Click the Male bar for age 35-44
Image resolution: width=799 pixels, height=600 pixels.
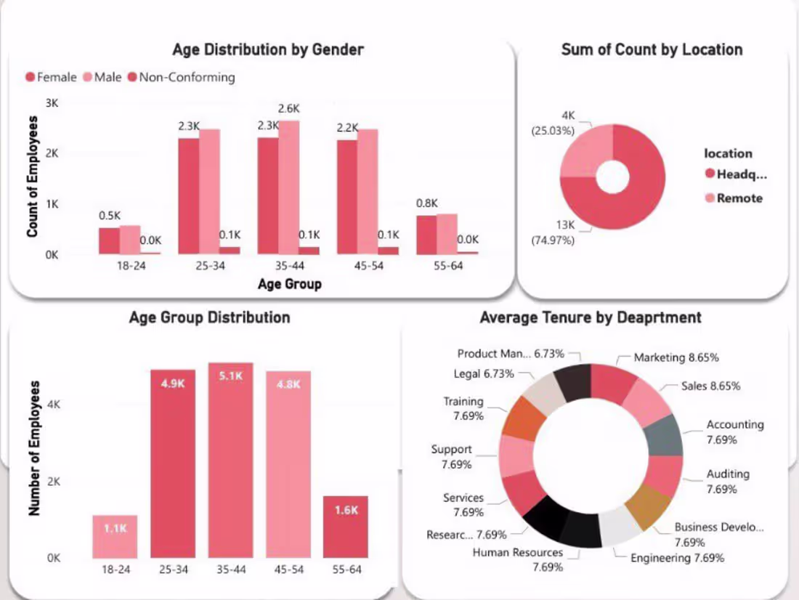pyautogui.click(x=288, y=189)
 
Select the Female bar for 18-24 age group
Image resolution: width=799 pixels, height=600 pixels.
pyautogui.click(x=109, y=241)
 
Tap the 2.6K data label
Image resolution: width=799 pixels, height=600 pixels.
pyautogui.click(x=288, y=109)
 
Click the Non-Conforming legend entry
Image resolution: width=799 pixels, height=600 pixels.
pyautogui.click(x=181, y=77)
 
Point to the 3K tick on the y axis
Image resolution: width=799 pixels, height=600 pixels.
pyautogui.click(x=52, y=104)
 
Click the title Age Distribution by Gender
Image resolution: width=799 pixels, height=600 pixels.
pyautogui.click(x=268, y=49)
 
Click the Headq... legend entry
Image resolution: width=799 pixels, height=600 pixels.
pyautogui.click(x=735, y=174)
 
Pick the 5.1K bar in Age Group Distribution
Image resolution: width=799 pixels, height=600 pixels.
pyautogui.click(x=231, y=465)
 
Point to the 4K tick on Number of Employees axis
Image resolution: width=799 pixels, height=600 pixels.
pyautogui.click(x=52, y=405)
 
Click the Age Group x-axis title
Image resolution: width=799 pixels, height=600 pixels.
pyautogui.click(x=289, y=284)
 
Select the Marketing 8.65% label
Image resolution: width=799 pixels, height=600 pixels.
pyautogui.click(x=676, y=357)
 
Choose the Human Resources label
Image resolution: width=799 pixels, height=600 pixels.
pyautogui.click(x=517, y=552)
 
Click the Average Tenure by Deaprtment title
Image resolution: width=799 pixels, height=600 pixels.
pyautogui.click(x=590, y=317)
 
